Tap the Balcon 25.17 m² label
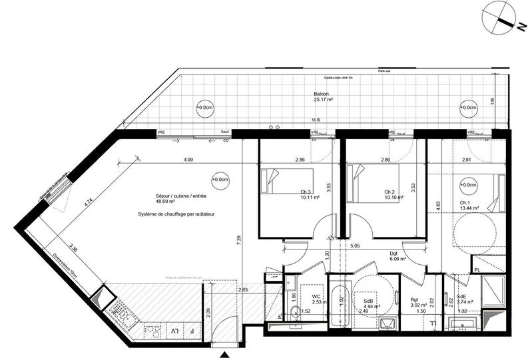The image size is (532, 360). point(323,96)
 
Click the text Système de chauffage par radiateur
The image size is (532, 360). point(177,214)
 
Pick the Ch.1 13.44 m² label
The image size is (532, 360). point(464,205)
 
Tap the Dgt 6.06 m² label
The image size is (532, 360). point(398,256)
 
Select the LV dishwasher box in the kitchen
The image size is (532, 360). point(174,331)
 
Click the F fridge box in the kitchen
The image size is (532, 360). point(192,331)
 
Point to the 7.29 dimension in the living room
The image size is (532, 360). point(238,238)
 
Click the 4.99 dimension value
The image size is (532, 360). point(188,160)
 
